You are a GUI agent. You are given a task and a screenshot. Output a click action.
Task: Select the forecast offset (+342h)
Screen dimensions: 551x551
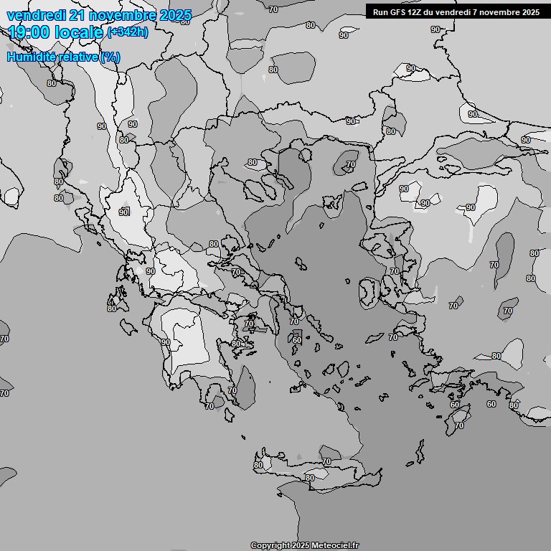point(128,32)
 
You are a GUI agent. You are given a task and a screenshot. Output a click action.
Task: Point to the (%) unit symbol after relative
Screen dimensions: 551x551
point(110,57)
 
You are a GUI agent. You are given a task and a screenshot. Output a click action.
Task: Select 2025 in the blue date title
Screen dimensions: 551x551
point(176,16)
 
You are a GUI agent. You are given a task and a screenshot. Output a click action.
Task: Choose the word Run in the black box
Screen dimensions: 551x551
point(380,11)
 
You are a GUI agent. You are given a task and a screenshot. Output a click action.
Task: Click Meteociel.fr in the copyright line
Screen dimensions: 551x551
point(340,546)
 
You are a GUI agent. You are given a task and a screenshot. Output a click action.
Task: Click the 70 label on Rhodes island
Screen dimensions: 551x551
point(459,425)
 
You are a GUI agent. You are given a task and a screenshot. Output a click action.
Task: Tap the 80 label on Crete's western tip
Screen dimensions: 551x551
point(258,465)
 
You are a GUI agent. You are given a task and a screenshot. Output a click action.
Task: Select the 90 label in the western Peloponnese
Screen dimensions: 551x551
point(166,342)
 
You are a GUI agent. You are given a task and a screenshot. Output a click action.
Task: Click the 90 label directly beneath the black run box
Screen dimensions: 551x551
point(435,29)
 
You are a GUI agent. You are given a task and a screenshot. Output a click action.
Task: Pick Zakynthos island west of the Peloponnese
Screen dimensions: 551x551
point(129,326)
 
